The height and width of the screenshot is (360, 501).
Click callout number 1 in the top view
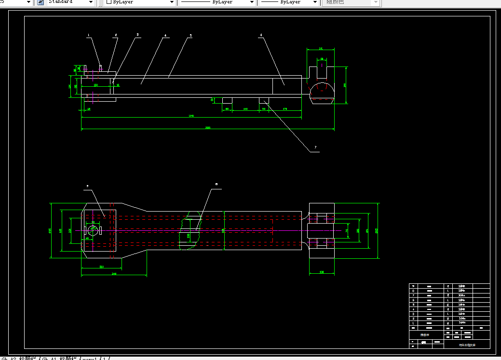89,35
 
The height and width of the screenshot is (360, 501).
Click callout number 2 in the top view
116,35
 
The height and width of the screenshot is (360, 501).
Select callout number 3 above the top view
137,35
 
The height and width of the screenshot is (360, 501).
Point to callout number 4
165,35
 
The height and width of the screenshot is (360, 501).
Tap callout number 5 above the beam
190,35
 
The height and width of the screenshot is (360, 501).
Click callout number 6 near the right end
261,35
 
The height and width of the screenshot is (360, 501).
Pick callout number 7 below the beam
315,147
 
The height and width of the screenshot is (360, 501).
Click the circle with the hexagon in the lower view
93,230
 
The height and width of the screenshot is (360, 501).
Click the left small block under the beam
227,100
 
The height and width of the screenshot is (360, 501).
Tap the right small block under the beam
264,100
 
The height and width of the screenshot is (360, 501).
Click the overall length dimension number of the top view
208,128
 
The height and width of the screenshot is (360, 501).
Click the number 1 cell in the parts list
413,322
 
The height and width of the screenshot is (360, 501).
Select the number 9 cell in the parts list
413,286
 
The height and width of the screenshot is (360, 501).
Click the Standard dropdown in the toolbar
70,2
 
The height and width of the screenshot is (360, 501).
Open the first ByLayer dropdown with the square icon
140,2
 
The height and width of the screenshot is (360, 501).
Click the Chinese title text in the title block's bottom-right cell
466,345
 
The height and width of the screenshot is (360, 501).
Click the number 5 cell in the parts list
413,305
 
